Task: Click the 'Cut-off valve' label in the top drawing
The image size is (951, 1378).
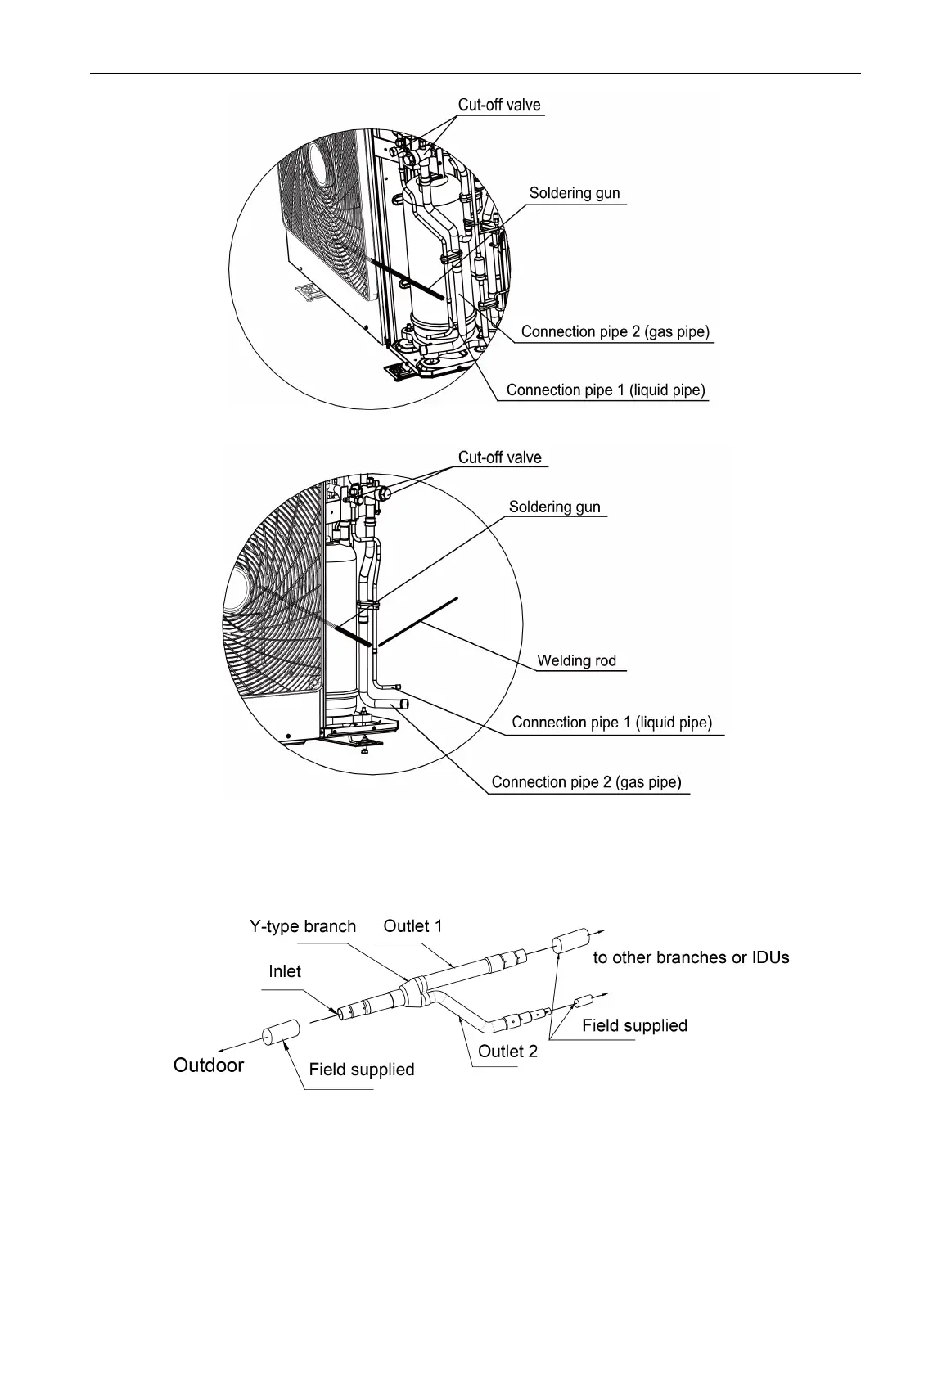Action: (x=499, y=106)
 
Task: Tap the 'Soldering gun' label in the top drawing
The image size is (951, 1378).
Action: (x=575, y=194)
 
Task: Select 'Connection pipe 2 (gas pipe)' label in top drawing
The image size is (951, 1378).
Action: (x=615, y=332)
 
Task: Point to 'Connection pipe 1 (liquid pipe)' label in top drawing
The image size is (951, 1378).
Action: (x=606, y=390)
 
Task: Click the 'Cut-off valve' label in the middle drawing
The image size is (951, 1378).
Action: (x=499, y=457)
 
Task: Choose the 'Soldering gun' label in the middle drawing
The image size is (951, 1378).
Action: (x=554, y=507)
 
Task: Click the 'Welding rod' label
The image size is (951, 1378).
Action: (x=576, y=661)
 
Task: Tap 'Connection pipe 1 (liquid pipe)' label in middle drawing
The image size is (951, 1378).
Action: (x=611, y=723)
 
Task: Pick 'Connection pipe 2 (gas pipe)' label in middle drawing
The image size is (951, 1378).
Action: (x=586, y=783)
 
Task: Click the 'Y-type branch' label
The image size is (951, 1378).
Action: (x=303, y=927)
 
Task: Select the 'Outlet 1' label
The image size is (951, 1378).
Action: (x=412, y=926)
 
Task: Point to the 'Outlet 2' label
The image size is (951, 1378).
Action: (x=507, y=1052)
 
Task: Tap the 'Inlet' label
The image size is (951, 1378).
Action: (x=285, y=972)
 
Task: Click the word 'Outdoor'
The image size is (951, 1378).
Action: (x=209, y=1065)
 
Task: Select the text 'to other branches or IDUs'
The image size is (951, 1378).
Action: (x=691, y=957)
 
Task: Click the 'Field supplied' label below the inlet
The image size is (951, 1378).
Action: (x=361, y=1070)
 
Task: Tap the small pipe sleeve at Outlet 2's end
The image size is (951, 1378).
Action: (x=585, y=1002)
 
